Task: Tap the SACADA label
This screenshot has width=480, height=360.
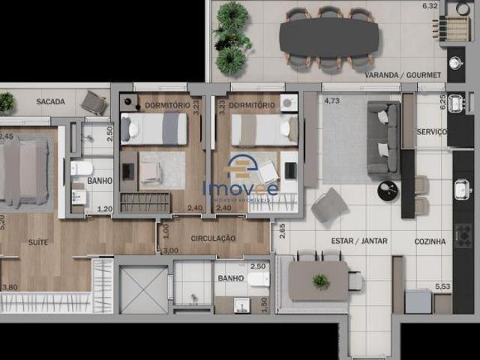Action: tap(49, 102)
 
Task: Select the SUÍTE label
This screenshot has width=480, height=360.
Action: tap(38, 243)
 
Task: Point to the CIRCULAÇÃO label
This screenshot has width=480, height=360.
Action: tap(213, 238)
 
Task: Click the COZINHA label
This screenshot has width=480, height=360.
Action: tap(430, 241)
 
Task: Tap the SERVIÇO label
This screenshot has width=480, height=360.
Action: tap(432, 132)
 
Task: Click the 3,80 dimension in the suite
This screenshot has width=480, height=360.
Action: tap(10, 286)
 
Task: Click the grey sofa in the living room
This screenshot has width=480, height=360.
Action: tap(383, 139)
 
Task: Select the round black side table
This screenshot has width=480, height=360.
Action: tap(388, 191)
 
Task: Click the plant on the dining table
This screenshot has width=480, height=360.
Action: tap(321, 281)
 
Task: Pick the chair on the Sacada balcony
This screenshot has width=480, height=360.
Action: tap(94, 103)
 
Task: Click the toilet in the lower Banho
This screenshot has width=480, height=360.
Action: tap(258, 280)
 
